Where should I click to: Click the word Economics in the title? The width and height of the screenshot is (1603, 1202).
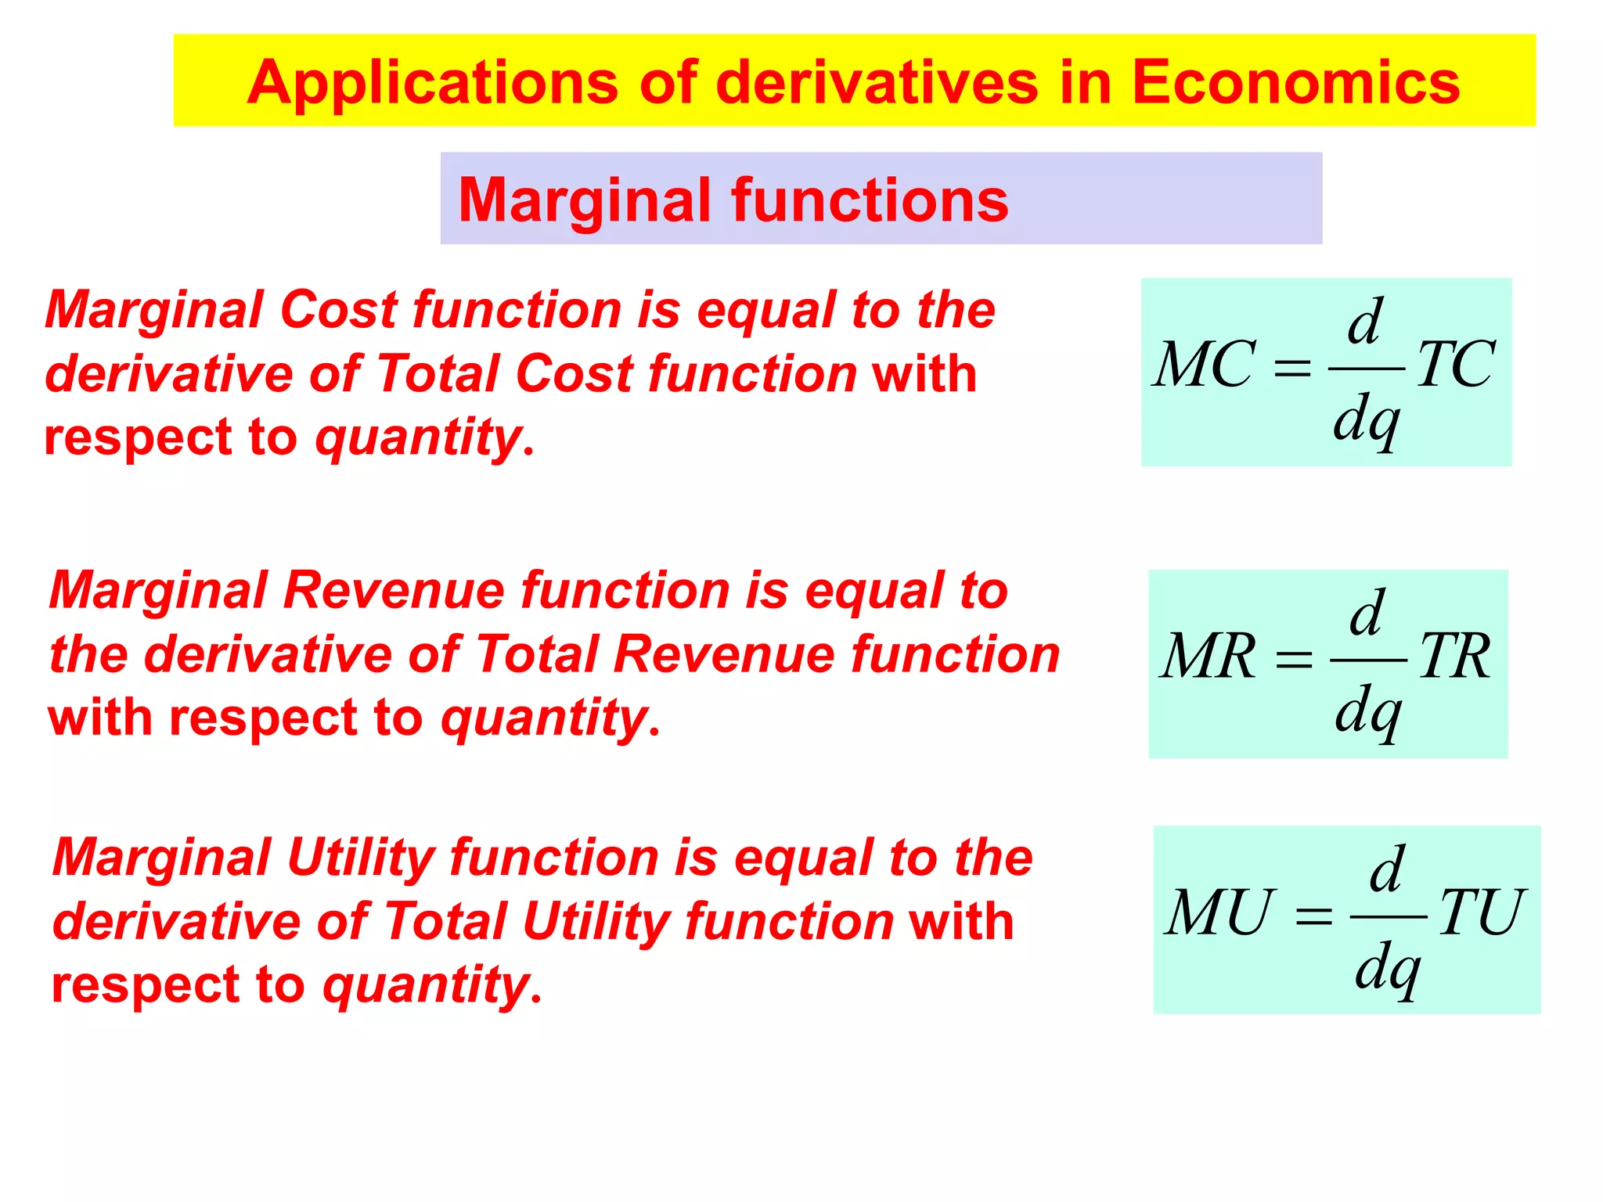point(1295,82)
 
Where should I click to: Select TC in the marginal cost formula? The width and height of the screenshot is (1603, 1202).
point(1456,365)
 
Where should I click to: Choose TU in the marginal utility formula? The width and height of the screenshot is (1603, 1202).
point(1482,912)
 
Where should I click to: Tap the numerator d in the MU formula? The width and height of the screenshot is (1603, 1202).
point(1387,869)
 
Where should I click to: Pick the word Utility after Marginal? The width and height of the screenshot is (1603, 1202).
point(361,858)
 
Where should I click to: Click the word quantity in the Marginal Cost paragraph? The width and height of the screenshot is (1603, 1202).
point(418,438)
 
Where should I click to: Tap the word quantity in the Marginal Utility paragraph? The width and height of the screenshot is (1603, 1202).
point(427,986)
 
